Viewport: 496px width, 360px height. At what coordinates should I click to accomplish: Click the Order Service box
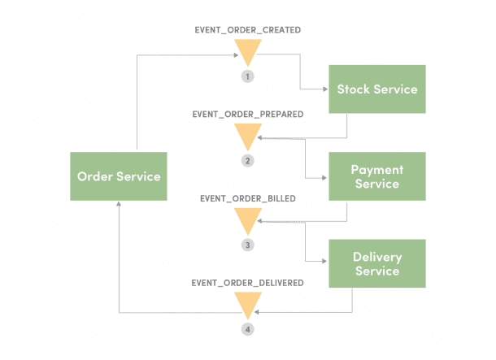coord(118,176)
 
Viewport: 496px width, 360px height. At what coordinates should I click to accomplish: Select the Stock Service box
coord(376,89)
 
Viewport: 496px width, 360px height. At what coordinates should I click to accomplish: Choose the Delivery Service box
coord(376,263)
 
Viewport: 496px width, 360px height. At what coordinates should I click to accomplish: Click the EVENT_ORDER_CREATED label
coord(247,30)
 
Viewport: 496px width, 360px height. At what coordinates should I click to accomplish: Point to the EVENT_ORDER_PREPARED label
coord(248,115)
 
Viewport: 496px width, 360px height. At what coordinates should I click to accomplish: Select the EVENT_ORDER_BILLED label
coord(247,197)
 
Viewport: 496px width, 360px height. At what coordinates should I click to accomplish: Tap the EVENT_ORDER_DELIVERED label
coord(247,283)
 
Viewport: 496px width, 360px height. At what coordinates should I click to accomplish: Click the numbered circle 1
coord(247,76)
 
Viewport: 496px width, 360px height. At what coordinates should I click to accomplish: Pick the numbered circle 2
coord(247,161)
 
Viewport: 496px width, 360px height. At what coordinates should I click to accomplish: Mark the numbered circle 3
coord(247,245)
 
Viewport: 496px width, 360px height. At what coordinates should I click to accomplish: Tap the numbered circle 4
coord(247,330)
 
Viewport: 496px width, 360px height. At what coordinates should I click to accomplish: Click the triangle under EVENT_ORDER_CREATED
coord(247,54)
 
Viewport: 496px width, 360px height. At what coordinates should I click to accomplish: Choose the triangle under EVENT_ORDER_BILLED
coord(247,220)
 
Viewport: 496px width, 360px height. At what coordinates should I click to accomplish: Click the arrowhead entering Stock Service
coord(324,89)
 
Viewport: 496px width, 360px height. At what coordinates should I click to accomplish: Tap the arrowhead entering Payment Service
coord(324,176)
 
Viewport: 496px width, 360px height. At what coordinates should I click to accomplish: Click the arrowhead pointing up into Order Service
coord(119,206)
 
